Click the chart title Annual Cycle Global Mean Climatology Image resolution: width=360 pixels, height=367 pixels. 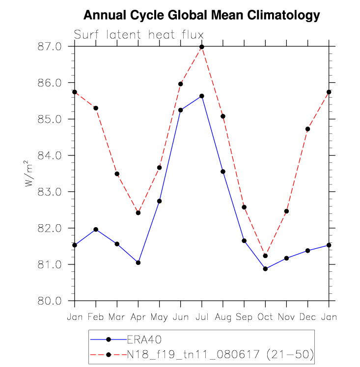(x=201, y=15)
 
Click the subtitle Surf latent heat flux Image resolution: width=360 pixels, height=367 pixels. (x=138, y=35)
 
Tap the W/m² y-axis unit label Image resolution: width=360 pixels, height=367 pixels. (x=30, y=173)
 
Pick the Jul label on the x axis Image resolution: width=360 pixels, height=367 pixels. (x=202, y=317)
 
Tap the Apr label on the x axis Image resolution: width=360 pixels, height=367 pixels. (x=138, y=317)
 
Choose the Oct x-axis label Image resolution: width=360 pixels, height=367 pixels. (x=265, y=317)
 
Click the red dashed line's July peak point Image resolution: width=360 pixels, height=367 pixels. (x=202, y=47)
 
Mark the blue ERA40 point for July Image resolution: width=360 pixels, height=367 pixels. (x=202, y=96)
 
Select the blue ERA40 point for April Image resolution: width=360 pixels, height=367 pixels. (x=138, y=262)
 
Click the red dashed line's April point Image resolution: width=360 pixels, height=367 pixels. (x=138, y=213)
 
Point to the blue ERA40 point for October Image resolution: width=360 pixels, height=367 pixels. (x=265, y=269)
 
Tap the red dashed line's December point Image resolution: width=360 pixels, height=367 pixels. (x=307, y=129)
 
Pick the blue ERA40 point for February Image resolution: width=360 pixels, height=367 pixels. (x=96, y=229)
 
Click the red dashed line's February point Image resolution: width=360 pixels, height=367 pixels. (x=96, y=108)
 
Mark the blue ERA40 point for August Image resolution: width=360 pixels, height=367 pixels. (x=223, y=171)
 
